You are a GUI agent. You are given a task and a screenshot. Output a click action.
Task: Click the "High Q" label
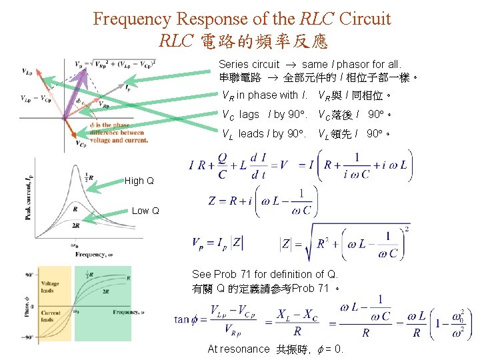click(139, 181)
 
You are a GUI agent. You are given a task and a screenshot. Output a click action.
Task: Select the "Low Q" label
click(145, 211)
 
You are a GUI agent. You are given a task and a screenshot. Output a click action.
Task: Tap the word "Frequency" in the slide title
click(137, 18)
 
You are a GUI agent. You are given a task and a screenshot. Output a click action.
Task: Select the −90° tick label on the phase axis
click(27, 337)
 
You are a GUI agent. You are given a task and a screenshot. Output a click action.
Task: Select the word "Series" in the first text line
click(234, 65)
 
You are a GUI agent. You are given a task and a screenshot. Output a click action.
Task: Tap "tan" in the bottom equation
click(183, 320)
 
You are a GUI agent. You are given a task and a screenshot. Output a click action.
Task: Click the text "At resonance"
click(239, 349)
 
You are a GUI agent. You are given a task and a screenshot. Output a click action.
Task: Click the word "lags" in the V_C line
click(249, 114)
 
